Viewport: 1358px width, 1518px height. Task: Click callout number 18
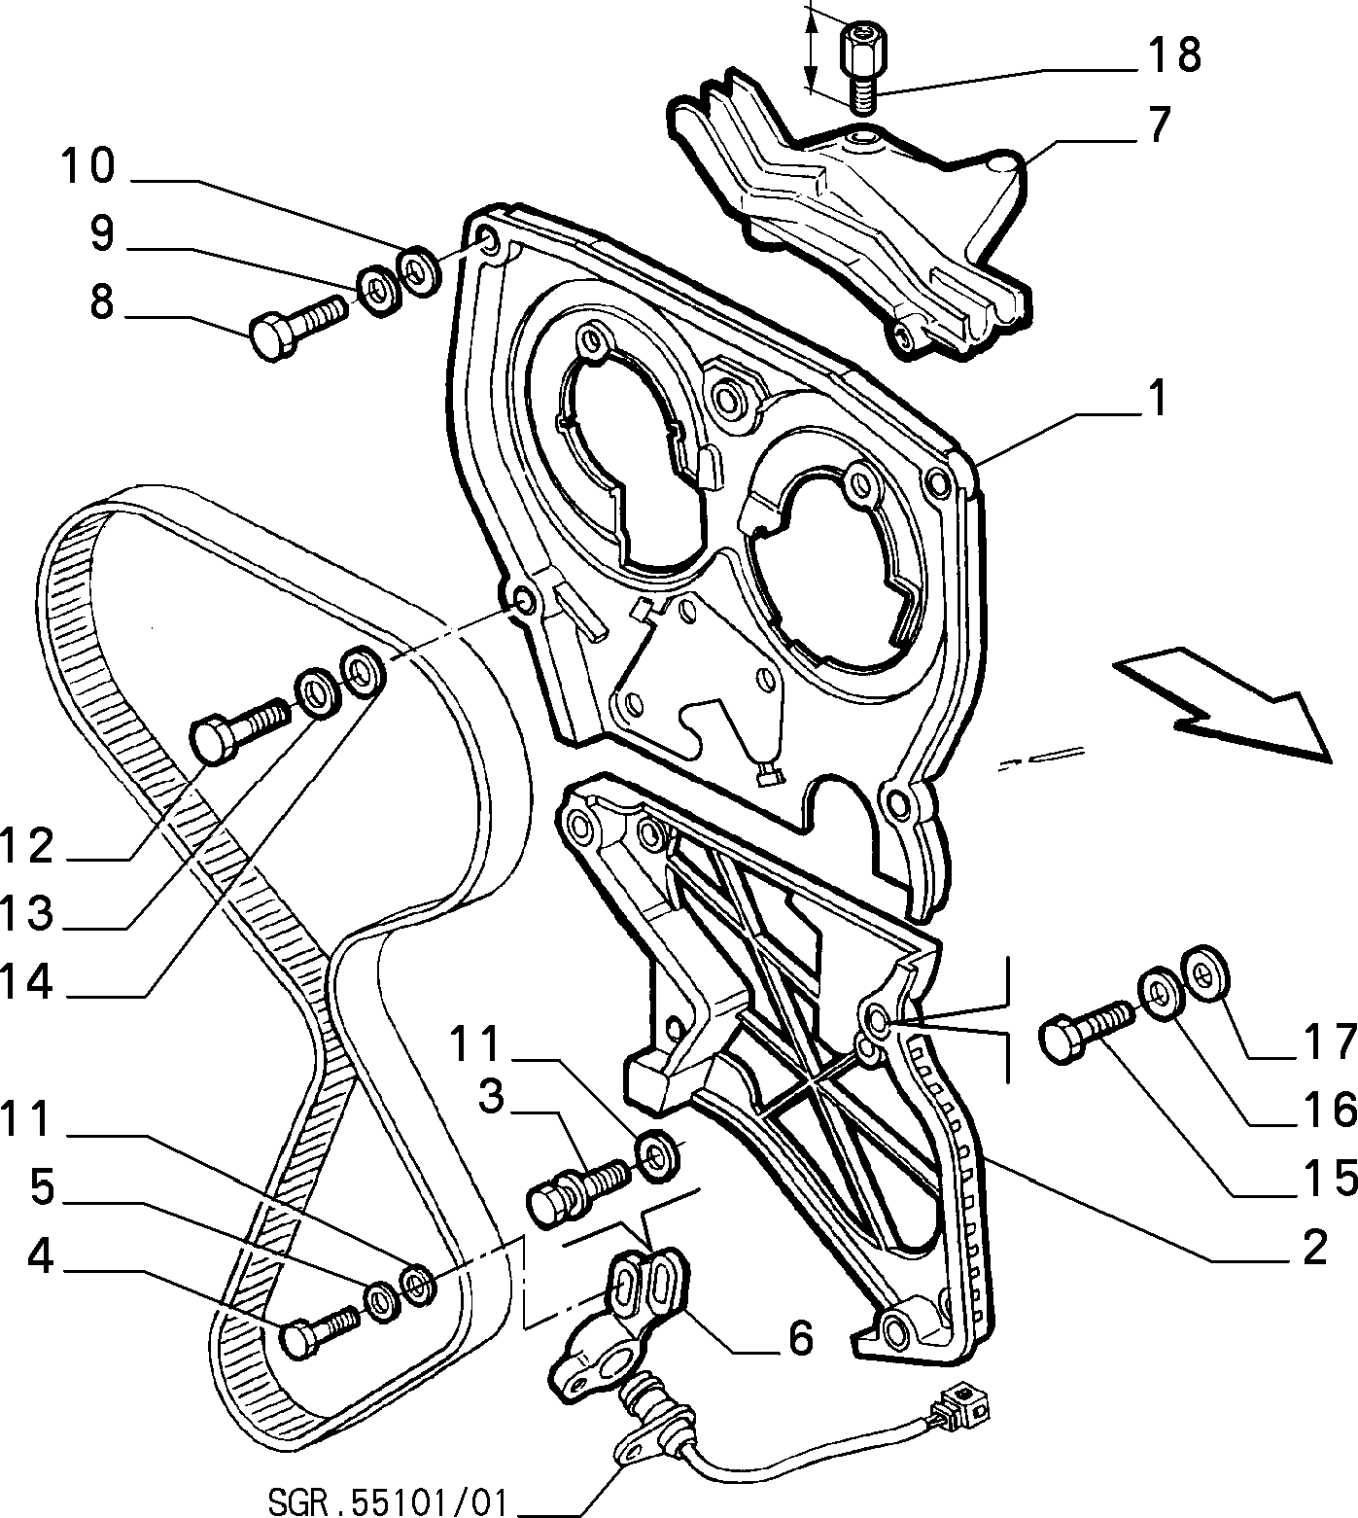click(x=1174, y=55)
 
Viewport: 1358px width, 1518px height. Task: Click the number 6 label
click(x=799, y=1339)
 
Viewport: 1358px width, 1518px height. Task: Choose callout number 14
click(x=27, y=981)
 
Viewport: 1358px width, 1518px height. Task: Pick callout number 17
click(x=1330, y=1041)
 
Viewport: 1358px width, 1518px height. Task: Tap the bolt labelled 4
click(x=321, y=1331)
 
